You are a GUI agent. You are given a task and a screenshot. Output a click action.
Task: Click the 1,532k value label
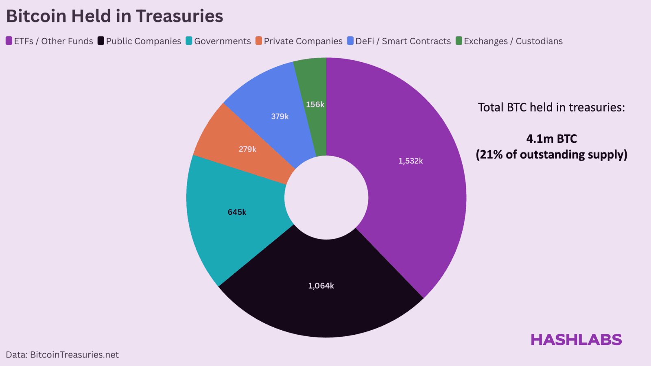[411, 161]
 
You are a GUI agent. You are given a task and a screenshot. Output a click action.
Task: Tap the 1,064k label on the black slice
[321, 286]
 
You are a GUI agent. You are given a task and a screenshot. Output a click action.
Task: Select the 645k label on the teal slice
[237, 212]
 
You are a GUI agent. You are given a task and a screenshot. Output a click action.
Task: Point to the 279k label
[247, 149]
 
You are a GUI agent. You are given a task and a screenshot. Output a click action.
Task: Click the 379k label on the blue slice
[280, 117]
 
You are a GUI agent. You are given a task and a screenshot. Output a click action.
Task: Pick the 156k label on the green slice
[315, 105]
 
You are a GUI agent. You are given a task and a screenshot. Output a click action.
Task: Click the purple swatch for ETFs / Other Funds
[9, 41]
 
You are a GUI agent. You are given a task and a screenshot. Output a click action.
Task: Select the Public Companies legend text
[144, 41]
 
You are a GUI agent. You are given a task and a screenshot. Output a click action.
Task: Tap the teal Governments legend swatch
[189, 41]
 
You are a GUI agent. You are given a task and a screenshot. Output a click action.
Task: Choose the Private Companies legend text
[303, 41]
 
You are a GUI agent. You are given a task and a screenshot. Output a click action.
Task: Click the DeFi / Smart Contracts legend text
[403, 41]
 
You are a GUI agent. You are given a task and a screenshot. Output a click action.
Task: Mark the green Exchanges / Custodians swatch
[459, 41]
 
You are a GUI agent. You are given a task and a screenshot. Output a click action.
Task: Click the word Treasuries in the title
[179, 16]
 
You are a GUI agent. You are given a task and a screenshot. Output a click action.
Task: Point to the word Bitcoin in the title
[36, 16]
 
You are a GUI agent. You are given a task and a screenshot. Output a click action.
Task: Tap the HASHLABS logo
[576, 340]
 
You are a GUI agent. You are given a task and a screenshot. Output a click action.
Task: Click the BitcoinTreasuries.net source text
[74, 355]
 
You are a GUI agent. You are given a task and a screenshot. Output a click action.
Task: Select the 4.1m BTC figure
[551, 139]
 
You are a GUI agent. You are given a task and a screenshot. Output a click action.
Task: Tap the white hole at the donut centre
[326, 198]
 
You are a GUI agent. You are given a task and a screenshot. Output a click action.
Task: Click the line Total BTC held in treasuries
[551, 107]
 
